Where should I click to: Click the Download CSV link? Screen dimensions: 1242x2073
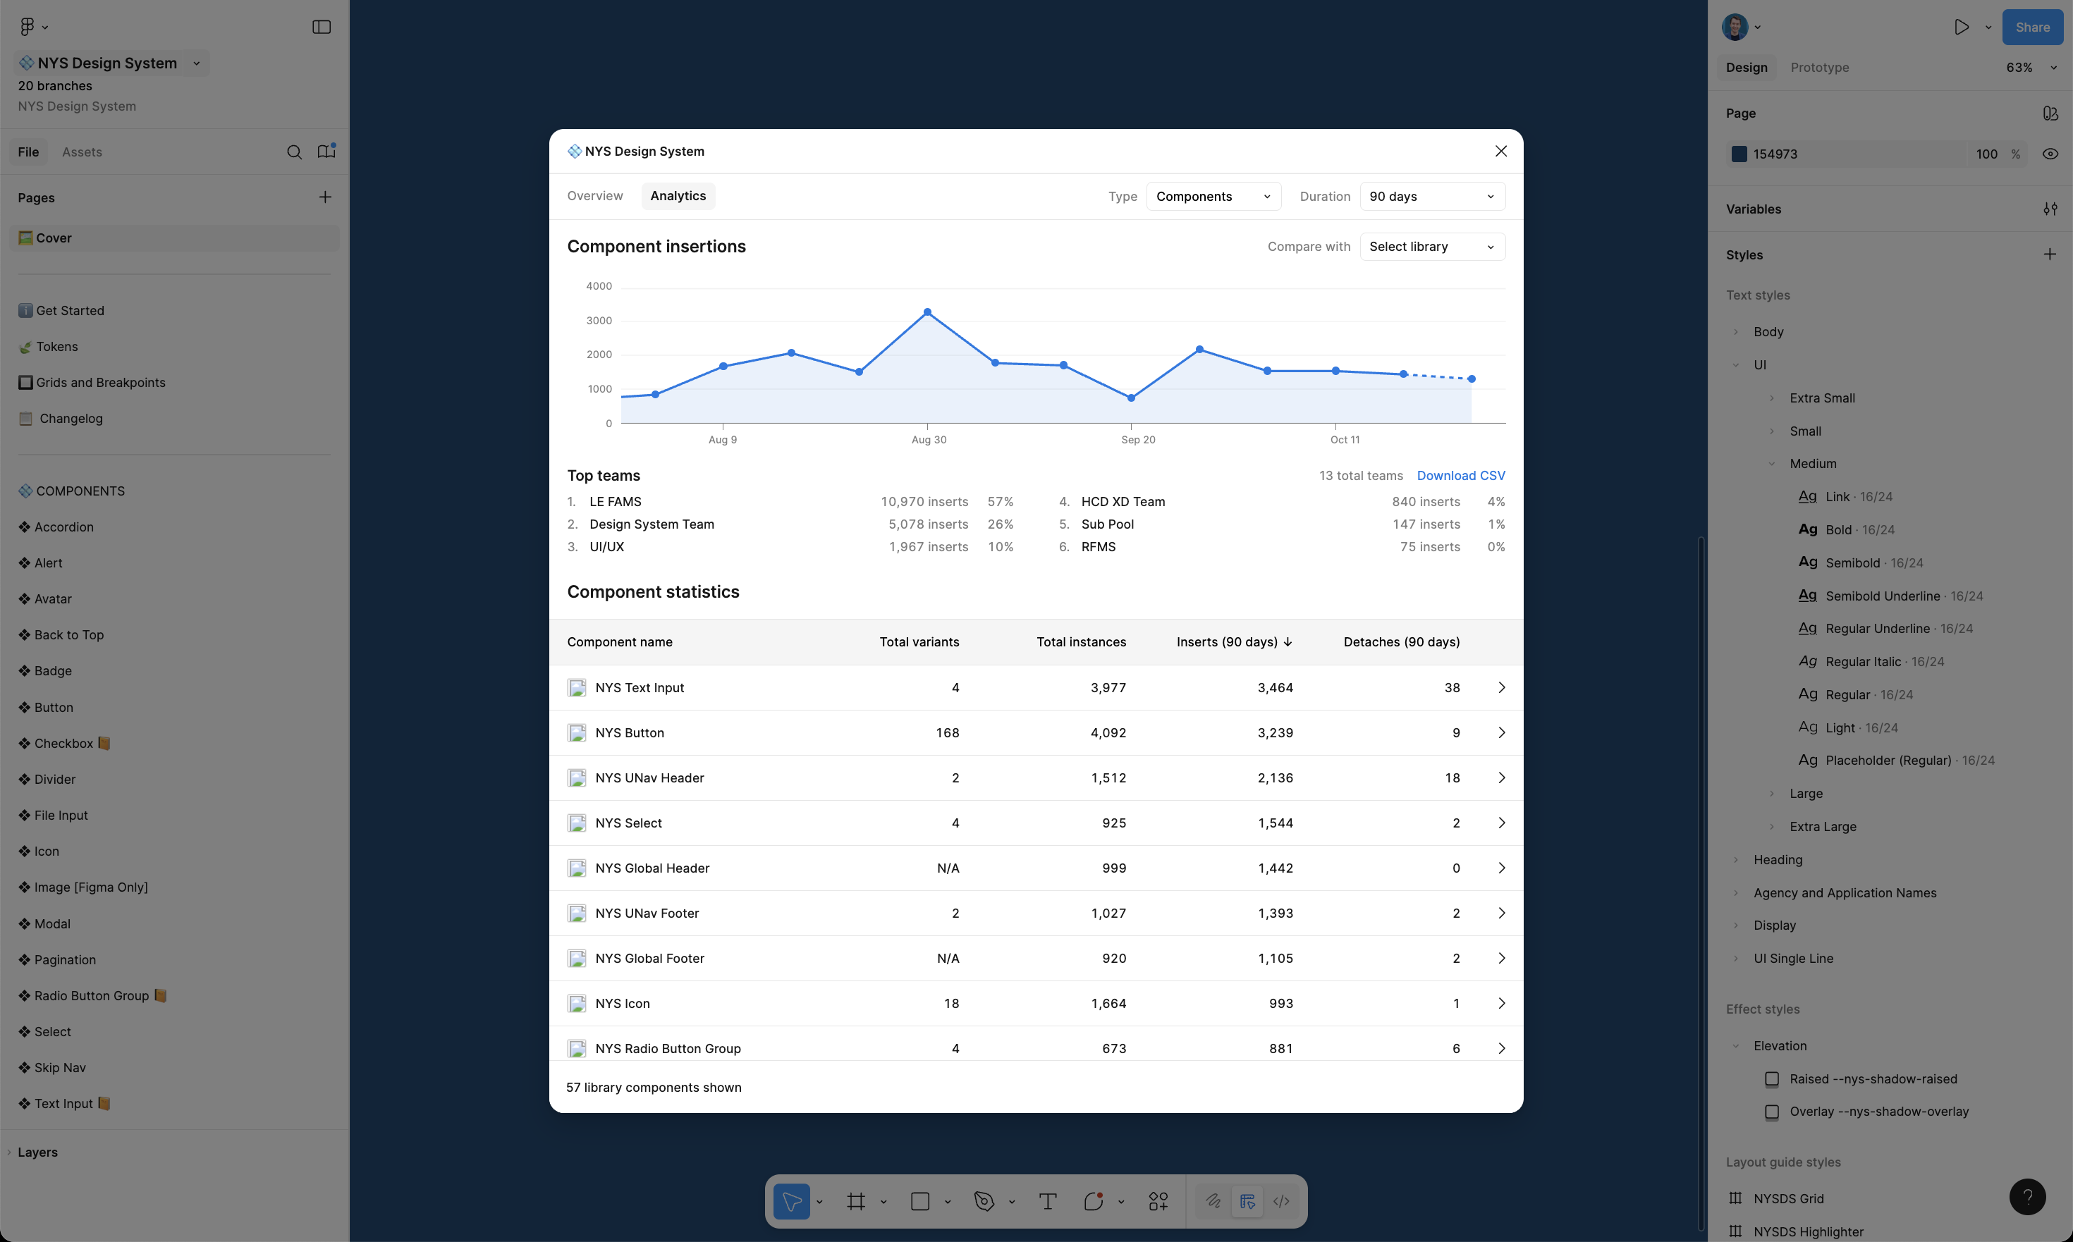coord(1460,475)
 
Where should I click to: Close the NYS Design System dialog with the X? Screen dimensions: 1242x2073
coord(1500,152)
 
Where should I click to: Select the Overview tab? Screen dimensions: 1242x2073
coord(594,196)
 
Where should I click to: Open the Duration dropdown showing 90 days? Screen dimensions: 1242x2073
coord(1431,197)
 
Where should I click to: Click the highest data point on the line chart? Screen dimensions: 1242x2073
coord(927,312)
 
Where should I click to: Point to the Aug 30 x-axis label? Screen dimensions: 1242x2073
coord(929,439)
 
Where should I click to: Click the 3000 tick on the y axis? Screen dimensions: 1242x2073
coord(599,321)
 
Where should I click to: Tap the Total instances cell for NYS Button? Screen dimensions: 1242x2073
coord(1108,732)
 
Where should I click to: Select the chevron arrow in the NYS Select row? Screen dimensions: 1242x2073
coord(1501,823)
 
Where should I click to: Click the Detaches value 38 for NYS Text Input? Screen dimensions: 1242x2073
coord(1452,687)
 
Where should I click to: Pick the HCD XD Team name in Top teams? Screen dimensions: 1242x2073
coord(1123,501)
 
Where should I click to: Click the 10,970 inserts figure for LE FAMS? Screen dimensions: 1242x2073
coord(924,501)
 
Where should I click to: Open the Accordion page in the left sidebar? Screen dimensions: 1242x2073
coord(63,527)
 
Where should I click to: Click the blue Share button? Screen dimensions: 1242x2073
coord(2032,27)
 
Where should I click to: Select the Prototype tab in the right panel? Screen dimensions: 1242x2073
coord(1819,68)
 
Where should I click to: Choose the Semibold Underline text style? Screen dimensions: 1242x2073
coord(1882,596)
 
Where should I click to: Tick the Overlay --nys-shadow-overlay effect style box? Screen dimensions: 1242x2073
coord(1772,1112)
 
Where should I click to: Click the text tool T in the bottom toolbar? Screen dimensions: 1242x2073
coord(1047,1202)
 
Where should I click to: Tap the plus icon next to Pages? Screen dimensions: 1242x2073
coord(325,197)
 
